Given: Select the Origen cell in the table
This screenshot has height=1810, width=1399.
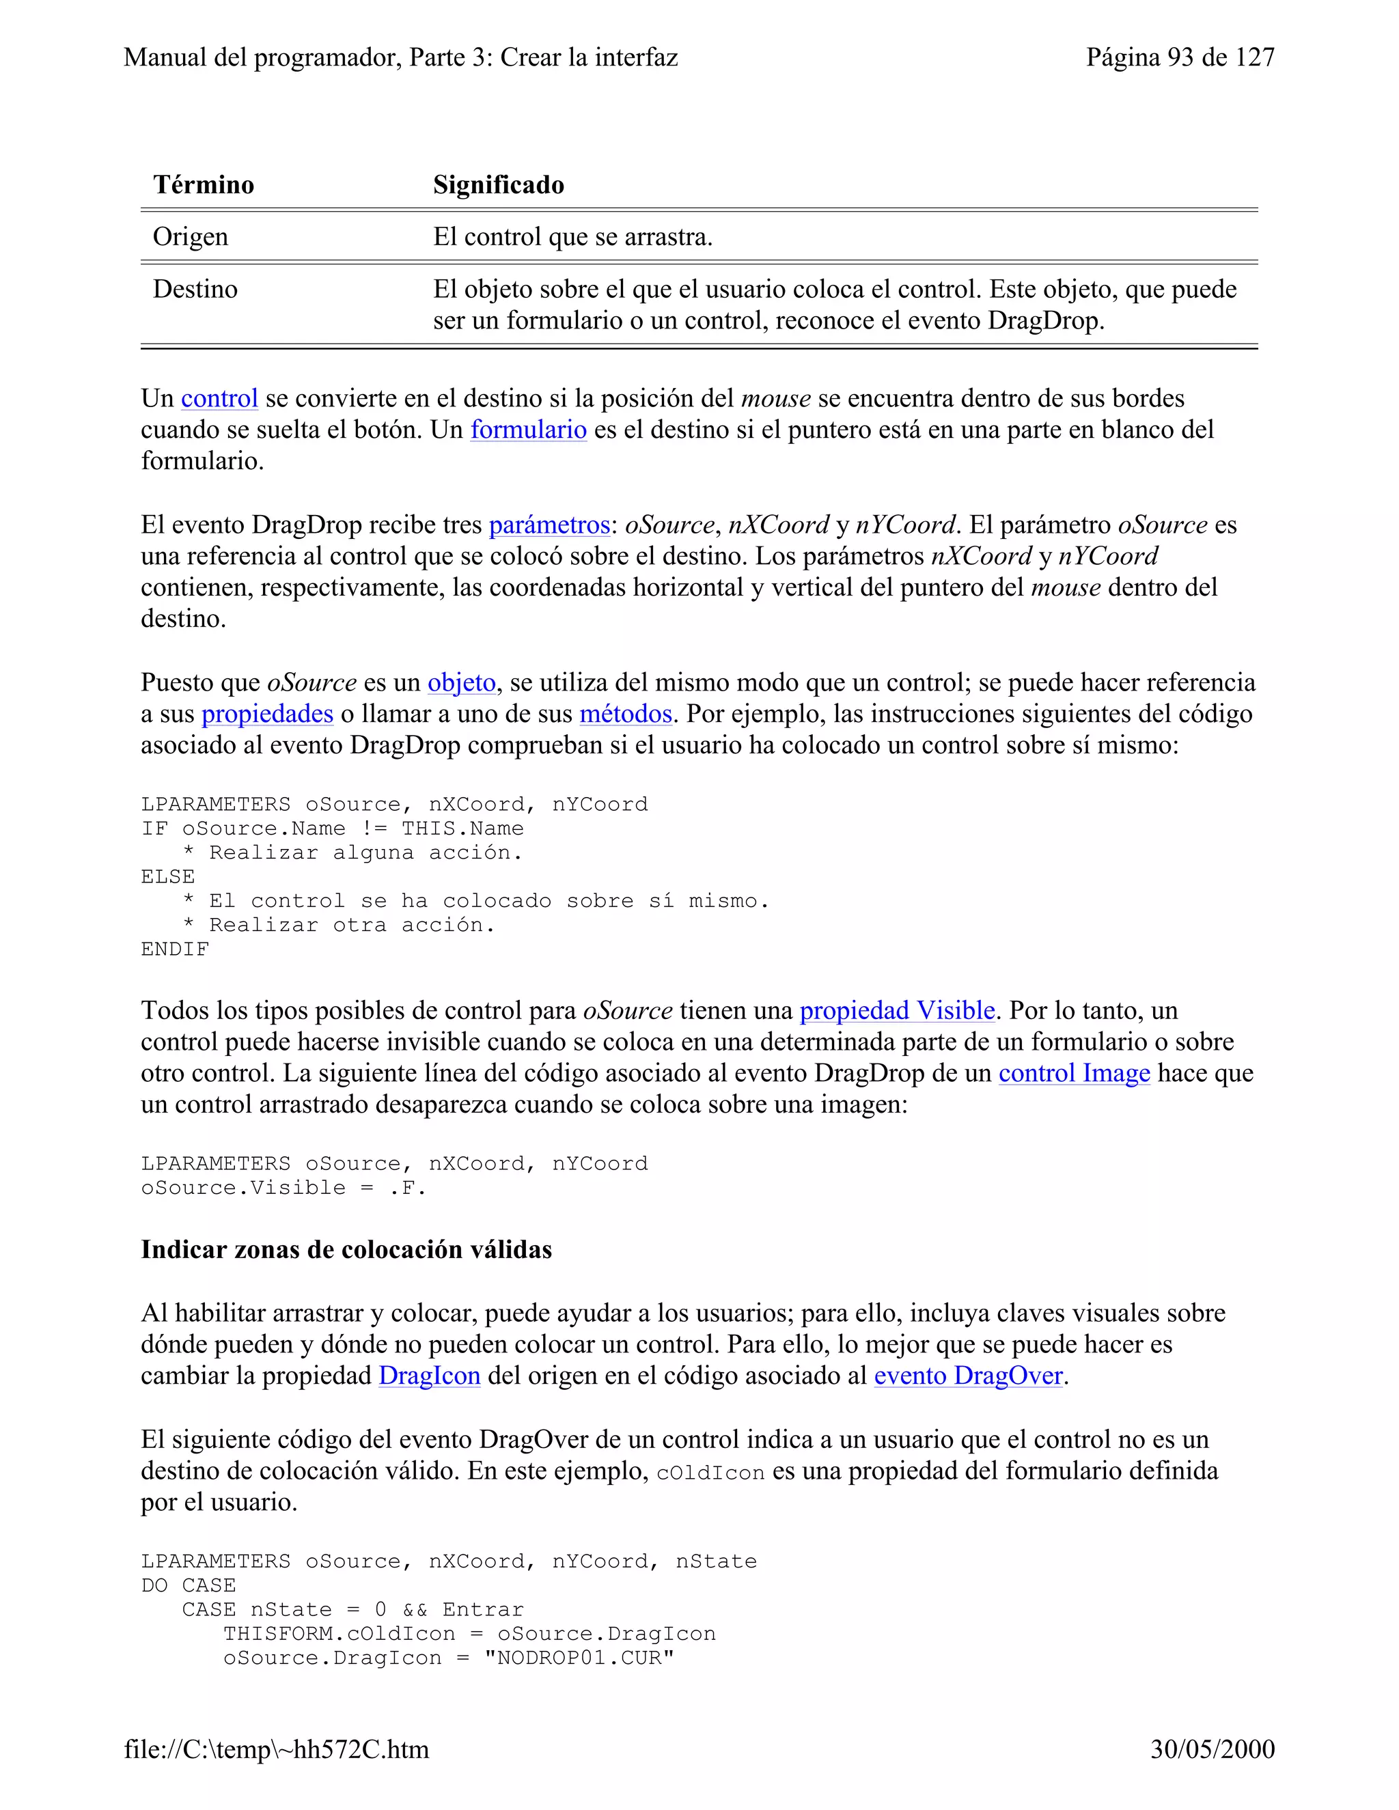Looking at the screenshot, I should tap(190, 237).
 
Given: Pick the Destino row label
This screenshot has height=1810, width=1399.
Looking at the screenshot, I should tap(195, 289).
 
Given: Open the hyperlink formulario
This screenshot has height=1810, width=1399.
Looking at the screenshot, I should tap(528, 430).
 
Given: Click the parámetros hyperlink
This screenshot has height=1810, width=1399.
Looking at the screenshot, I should tap(549, 525).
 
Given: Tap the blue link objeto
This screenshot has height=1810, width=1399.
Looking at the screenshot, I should tap(461, 682).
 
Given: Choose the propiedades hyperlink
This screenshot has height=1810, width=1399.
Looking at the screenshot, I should tap(267, 714).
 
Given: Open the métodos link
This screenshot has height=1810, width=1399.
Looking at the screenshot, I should tap(625, 714).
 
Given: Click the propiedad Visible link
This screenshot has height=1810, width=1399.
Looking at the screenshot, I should tap(897, 1010).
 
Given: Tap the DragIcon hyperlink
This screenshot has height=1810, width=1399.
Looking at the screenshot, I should tap(429, 1376).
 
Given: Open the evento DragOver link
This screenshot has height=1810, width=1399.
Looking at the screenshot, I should tap(968, 1376).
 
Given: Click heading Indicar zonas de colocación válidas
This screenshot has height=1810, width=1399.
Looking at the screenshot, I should tap(346, 1250).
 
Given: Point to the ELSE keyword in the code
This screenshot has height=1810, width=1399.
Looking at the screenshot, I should tap(167, 877).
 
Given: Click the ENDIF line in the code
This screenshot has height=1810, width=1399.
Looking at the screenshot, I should tap(175, 949).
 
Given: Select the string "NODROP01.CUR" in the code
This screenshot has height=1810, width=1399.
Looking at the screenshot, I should tap(579, 1658).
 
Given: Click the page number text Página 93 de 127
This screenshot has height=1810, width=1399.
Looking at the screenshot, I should tap(1179, 57).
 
